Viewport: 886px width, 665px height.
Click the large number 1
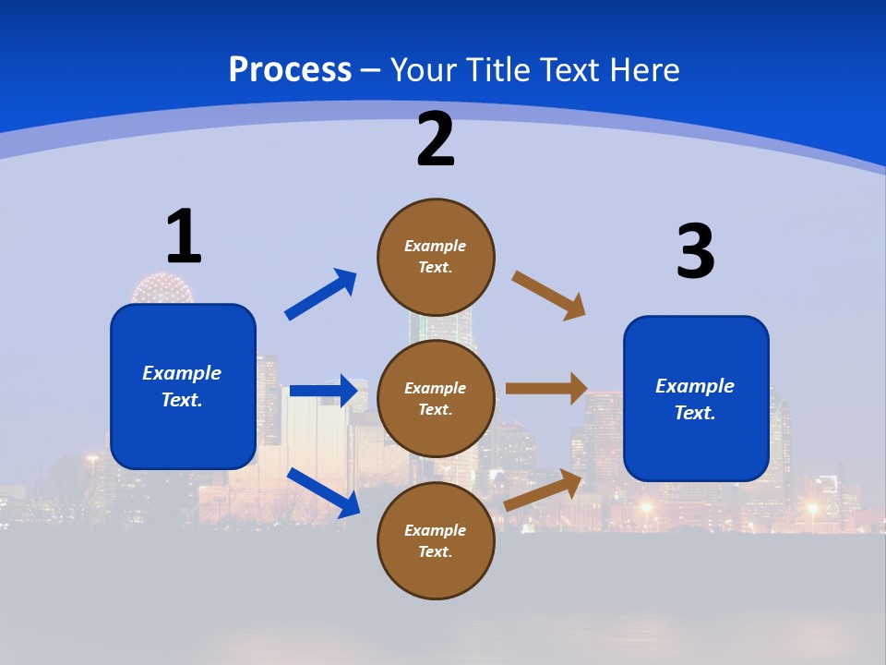(184, 236)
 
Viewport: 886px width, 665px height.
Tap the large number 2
(436, 139)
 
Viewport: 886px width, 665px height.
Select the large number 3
(695, 251)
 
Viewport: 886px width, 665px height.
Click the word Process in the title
(290, 69)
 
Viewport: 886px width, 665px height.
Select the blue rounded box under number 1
(183, 386)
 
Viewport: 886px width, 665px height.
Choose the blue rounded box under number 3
(696, 399)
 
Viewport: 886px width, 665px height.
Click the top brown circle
(436, 257)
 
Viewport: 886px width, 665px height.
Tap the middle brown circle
(436, 399)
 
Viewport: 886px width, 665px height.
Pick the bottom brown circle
(436, 541)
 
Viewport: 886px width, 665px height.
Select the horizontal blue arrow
(323, 391)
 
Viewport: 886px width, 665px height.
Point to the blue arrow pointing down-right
(324, 491)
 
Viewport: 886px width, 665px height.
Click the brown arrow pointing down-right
(548, 295)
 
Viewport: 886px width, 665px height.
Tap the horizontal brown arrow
(545, 389)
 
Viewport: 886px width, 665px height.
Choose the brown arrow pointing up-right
(543, 490)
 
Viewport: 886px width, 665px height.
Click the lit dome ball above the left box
(162, 288)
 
